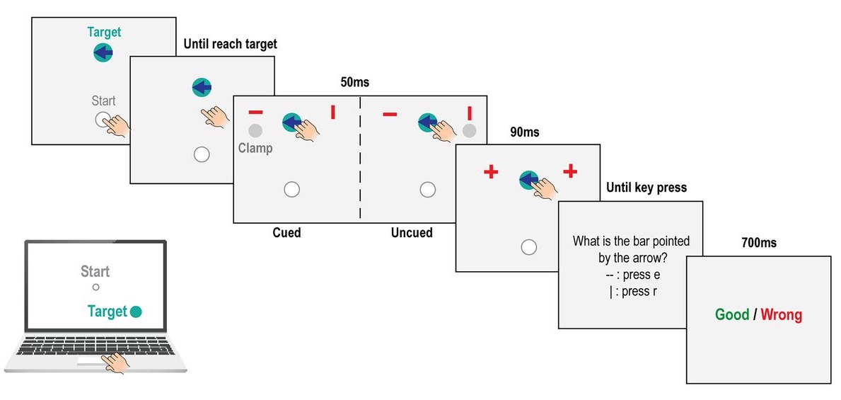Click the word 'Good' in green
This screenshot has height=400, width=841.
pos(731,314)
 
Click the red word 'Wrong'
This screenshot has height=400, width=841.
pos(782,314)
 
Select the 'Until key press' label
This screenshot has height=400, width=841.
pos(646,188)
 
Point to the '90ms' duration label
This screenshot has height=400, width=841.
pos(524,132)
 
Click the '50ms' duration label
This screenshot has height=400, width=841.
pos(354,82)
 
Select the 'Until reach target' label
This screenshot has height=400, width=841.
pos(230,44)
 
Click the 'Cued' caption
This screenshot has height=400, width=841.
pos(286,232)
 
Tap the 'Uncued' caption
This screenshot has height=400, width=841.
pos(412,232)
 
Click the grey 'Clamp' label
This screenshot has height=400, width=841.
pos(255,149)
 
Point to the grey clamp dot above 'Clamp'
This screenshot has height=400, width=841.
pos(255,131)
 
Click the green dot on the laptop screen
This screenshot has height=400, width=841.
pos(137,312)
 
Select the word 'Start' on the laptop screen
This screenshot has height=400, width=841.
pos(95,272)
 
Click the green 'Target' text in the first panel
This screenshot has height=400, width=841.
pos(104,32)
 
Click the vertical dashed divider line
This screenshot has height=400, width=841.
pos(360,159)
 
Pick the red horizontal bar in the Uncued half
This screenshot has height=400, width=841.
pos(389,113)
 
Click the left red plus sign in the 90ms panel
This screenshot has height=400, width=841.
pos(491,171)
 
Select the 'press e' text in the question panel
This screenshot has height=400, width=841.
pos(639,275)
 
